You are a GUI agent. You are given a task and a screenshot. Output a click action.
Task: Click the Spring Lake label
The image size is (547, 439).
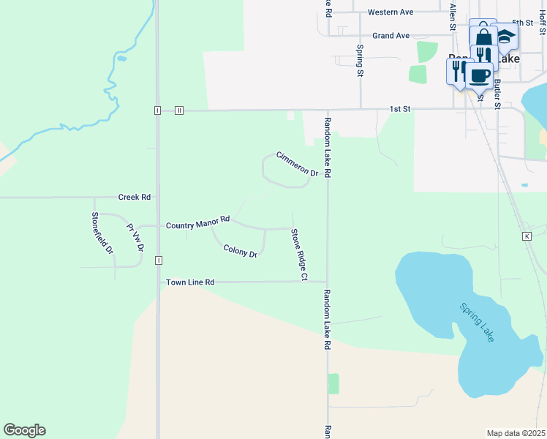coord(477,322)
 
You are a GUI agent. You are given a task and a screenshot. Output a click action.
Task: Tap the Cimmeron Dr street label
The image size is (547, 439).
coord(297,164)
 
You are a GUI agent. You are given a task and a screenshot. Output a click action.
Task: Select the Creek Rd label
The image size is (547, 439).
coord(135,198)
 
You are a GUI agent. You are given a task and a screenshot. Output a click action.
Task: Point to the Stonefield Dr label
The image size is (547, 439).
coord(102,233)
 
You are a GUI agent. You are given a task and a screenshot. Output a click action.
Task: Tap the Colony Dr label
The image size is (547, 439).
coord(240,251)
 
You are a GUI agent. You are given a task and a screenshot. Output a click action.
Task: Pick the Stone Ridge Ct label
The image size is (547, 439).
coord(298,255)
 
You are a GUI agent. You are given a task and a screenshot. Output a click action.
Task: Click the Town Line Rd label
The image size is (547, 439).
coord(189,282)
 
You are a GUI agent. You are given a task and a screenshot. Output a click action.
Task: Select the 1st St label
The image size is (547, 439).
coord(399,109)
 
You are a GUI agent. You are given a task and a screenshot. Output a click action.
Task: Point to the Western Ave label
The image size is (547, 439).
coord(391,12)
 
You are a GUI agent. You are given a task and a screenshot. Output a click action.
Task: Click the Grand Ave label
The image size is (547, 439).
coord(391,35)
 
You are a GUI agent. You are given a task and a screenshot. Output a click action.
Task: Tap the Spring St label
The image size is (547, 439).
coord(360,60)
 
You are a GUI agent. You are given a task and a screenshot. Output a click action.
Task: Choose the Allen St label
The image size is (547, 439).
coord(453,16)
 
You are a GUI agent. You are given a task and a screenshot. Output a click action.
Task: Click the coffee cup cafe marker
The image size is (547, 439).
coord(479,75)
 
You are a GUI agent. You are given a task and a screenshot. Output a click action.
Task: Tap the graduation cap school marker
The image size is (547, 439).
coord(505,35)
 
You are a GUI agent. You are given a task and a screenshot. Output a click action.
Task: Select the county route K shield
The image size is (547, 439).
coord(527,236)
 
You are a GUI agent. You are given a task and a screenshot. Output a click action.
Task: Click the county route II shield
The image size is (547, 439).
coord(178,110)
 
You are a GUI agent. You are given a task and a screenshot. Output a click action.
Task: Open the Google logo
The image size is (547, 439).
coord(24,430)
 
